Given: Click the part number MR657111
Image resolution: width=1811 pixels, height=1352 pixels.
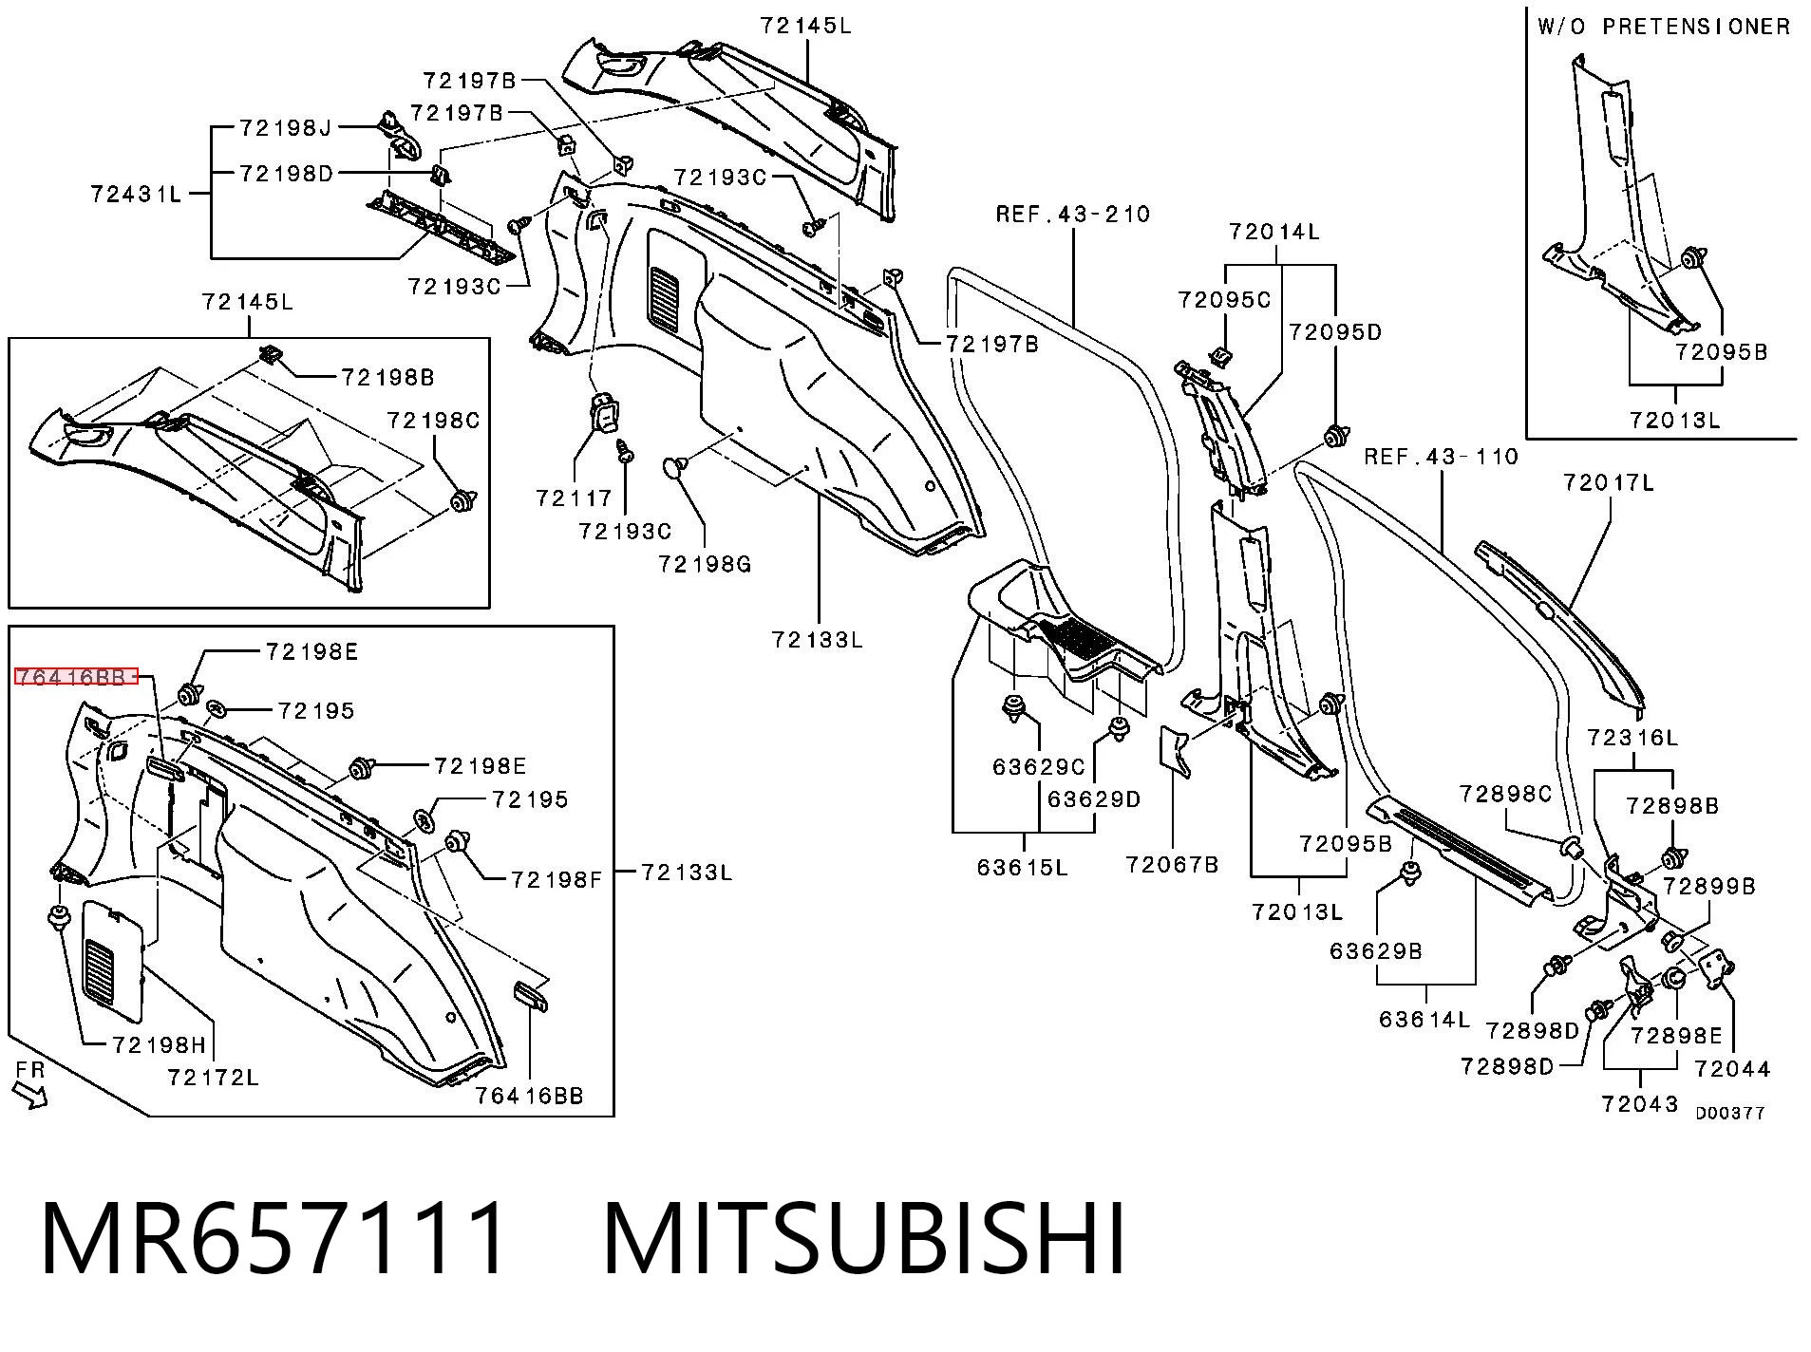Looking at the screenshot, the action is (274, 1238).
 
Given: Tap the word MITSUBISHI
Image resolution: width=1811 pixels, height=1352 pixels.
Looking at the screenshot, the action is (863, 1238).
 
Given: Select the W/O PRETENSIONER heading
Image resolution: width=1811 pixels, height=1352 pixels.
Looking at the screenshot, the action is (1664, 27).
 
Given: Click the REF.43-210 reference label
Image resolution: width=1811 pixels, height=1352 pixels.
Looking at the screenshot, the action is (1073, 214).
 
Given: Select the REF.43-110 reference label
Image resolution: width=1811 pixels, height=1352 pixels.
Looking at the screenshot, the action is (1442, 457).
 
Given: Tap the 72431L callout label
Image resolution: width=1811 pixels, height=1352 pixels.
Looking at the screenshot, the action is (137, 194).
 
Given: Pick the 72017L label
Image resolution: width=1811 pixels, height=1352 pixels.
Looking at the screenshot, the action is (1609, 483).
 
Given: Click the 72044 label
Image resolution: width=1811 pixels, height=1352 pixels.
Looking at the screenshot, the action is (1733, 1069).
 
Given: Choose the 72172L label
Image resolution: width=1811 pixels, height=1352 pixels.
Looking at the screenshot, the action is (213, 1077).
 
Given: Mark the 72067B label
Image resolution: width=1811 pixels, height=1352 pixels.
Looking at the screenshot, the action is (1172, 864).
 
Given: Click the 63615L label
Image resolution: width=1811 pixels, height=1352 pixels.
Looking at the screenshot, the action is (1022, 867).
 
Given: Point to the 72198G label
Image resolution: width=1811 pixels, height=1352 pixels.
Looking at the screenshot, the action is (705, 564).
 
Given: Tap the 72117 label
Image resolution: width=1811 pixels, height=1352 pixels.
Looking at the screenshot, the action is (574, 498).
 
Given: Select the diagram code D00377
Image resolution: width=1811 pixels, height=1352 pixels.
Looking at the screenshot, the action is (1730, 1113).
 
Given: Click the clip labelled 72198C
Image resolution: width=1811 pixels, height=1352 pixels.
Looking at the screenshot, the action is (463, 499).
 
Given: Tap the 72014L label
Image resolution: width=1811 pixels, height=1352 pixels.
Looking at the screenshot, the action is (1273, 232).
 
